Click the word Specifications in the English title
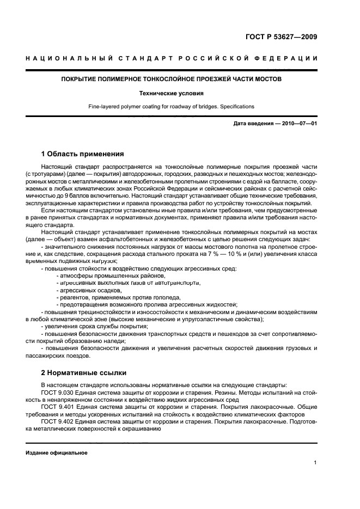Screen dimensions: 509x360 237,107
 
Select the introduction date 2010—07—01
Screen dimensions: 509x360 298,124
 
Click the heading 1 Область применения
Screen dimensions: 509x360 82,154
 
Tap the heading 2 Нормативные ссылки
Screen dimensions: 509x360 84,373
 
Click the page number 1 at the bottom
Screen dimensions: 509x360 315,463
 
